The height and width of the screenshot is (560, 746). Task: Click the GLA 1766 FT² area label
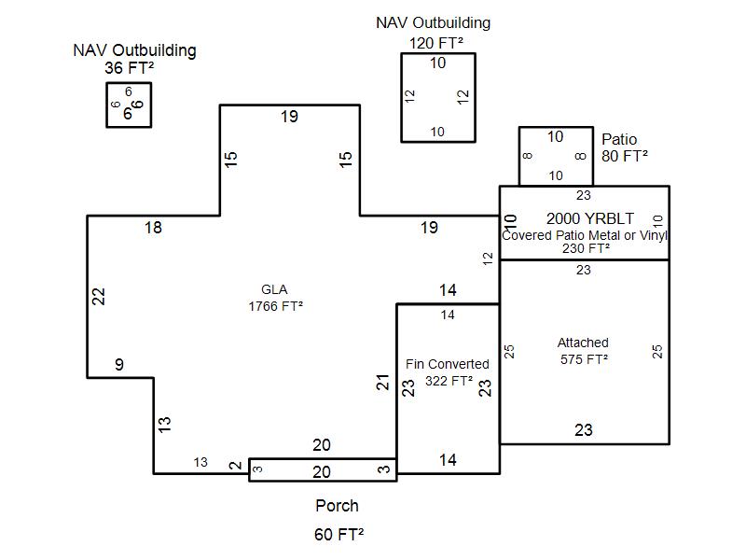[x=275, y=297]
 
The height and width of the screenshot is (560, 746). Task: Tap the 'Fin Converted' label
[x=448, y=364]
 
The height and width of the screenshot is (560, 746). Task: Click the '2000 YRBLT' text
[x=584, y=218]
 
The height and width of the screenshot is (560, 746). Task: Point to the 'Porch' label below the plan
[x=337, y=506]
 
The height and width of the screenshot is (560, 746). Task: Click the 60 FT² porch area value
[x=338, y=535]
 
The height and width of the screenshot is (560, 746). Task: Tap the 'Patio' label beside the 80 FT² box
[x=619, y=140]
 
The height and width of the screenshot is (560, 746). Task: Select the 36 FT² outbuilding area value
[x=130, y=68]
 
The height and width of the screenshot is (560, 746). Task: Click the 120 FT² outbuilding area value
[x=435, y=42]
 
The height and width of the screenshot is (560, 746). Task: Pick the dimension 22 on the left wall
[x=99, y=296]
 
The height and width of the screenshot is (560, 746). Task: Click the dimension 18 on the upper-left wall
[x=153, y=227]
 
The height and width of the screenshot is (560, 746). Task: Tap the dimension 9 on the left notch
[x=119, y=365]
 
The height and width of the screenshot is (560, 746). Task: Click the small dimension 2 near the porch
[x=236, y=465]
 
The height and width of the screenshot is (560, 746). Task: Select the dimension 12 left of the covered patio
[x=488, y=259]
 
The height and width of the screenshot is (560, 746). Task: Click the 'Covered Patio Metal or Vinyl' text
[x=585, y=235]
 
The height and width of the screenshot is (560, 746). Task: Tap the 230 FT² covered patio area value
[x=586, y=248]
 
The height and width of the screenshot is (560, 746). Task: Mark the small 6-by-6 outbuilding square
[x=129, y=105]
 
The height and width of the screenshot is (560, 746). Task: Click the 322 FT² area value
[x=449, y=381]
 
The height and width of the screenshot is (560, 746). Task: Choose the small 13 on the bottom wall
[x=200, y=462]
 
